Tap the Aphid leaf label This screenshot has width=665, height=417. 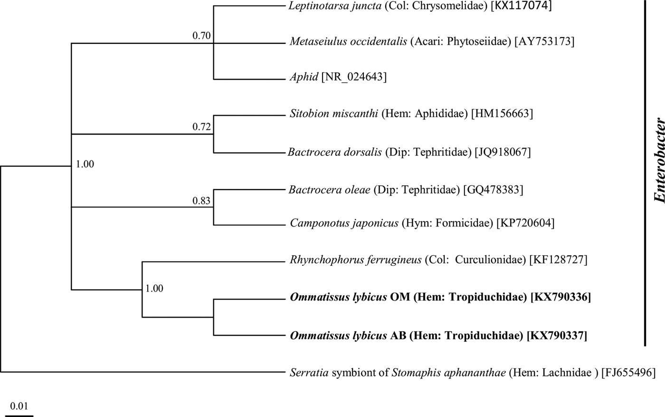coord(304,77)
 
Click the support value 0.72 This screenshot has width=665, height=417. coord(201,126)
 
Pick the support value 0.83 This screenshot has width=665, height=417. coord(201,201)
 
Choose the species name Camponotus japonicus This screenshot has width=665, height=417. coord(344,223)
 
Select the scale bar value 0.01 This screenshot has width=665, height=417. coord(19,406)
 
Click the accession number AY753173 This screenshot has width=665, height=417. coord(545,42)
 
